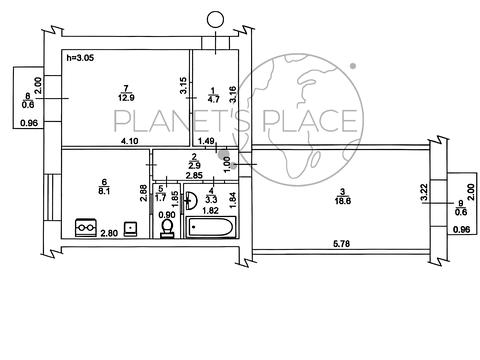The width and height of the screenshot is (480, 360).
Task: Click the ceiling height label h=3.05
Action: [x=80, y=58]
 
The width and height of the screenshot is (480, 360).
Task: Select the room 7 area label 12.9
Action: [x=126, y=98]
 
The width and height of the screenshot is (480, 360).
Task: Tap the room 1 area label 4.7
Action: [x=213, y=99]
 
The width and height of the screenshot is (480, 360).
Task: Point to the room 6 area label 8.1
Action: [x=104, y=191]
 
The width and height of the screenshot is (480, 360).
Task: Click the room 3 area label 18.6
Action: [x=343, y=201]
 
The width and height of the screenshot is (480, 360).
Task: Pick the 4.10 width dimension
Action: [x=130, y=141]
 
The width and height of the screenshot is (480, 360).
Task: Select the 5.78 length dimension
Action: [x=342, y=244]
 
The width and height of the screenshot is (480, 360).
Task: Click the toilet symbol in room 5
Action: [x=167, y=229]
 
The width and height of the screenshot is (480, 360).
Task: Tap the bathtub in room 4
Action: [x=211, y=227]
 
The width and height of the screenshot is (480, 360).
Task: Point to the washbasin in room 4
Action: [x=192, y=200]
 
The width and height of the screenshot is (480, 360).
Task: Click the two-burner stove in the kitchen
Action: [x=86, y=227]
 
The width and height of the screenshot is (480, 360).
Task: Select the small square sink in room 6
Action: [x=130, y=229]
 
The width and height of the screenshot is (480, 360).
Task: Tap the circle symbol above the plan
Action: [x=215, y=20]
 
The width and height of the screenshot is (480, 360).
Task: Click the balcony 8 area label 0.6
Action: [x=28, y=105]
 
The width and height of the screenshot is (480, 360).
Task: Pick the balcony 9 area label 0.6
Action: [x=461, y=212]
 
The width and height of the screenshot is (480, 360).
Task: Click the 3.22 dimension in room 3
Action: [x=424, y=193]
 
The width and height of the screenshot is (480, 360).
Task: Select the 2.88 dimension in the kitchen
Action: [x=144, y=193]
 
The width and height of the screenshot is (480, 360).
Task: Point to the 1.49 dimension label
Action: [x=206, y=141]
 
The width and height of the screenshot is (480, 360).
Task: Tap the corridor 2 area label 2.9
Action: [x=194, y=165]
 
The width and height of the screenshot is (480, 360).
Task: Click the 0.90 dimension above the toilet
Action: [x=167, y=215]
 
